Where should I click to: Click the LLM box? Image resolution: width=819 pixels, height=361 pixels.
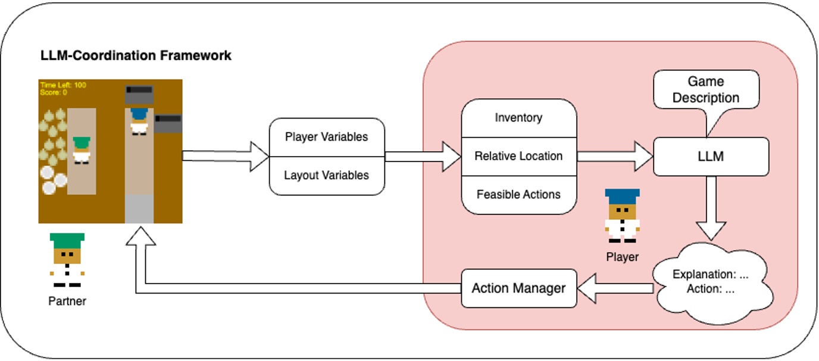click(711, 157)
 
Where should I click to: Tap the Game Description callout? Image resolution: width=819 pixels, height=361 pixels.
click(705, 89)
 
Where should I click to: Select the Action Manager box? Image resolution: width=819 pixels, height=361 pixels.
click(519, 288)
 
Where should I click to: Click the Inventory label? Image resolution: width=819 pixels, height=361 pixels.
click(518, 117)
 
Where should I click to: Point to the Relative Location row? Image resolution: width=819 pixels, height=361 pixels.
click(518, 156)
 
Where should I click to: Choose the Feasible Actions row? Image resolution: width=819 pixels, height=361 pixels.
click(518, 194)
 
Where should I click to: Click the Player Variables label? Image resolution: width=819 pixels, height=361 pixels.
click(326, 137)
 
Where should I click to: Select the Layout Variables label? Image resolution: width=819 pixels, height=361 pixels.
click(326, 175)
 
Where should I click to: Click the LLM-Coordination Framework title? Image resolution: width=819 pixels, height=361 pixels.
click(136, 56)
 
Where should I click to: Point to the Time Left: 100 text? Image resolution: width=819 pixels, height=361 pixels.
click(63, 85)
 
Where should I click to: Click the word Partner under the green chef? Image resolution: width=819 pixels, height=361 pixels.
click(67, 301)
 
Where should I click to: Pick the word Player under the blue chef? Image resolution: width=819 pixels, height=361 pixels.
click(622, 257)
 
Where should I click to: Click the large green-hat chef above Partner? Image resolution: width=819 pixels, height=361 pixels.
click(67, 260)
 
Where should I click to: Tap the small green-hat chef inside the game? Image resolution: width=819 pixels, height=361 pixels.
click(82, 150)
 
